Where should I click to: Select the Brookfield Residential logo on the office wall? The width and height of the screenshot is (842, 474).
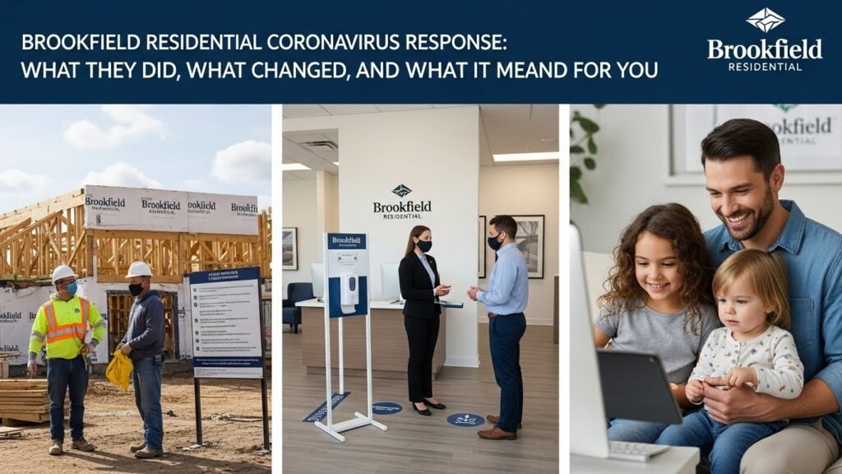point(401,202)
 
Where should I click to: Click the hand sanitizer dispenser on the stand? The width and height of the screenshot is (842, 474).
point(349,290)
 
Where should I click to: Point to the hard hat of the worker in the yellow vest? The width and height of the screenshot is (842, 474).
point(63,272)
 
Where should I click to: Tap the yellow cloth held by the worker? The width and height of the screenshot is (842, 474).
point(119,369)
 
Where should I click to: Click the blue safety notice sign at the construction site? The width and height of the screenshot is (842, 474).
point(225,322)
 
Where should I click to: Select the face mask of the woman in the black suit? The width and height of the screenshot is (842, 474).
point(423,246)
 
